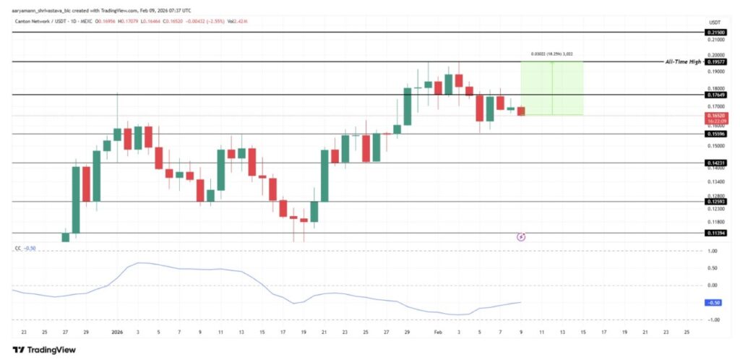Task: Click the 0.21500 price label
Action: point(715,33)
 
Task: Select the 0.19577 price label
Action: point(715,62)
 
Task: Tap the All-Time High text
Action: point(683,62)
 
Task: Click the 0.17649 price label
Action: point(715,95)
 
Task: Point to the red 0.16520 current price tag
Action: point(715,117)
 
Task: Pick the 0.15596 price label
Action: point(715,134)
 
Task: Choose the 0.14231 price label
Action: point(715,163)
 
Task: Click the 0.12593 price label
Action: point(715,202)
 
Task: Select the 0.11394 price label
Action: point(715,233)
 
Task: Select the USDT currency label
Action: point(713,22)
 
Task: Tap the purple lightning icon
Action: point(521,236)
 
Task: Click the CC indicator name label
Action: point(18,248)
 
